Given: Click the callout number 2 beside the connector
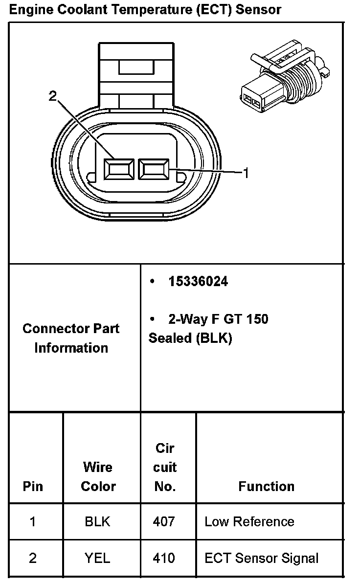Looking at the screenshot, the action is coord(53,96).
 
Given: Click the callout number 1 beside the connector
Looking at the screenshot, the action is coord(246,173).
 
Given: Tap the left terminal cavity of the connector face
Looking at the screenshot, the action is coord(119,169).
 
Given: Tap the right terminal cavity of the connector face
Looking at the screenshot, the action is coord(154,169).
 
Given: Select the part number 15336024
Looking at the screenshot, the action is coord(198,281).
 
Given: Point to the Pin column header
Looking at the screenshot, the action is coord(33,486).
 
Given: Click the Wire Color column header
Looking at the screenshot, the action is coord(98,476).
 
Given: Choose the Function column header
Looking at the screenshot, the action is coord(266,486).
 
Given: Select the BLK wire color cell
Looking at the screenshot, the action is coord(97,521).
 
